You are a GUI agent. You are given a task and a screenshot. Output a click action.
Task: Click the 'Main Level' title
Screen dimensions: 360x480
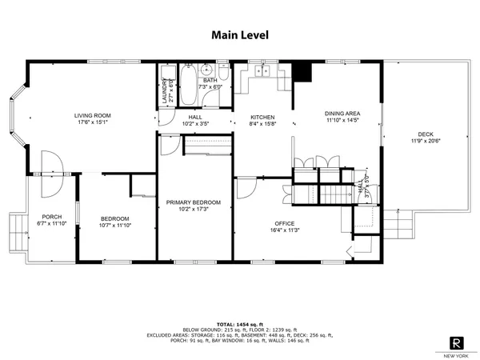pos(240,34)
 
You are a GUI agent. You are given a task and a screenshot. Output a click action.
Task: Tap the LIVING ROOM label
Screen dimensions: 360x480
pos(92,115)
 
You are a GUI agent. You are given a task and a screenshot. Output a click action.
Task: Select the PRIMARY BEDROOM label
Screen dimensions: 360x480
pos(194,202)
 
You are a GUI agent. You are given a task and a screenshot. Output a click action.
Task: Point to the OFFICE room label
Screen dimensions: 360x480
pos(284,223)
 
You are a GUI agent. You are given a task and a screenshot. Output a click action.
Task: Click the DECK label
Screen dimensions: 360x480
pos(426,134)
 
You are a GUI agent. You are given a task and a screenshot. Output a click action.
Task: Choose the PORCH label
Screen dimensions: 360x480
pos(52,217)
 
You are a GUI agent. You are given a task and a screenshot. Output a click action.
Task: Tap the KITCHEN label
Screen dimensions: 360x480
pos(262,117)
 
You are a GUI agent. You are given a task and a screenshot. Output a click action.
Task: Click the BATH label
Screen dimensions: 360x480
pos(210,80)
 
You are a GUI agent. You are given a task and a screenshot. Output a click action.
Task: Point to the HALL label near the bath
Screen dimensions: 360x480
pos(195,117)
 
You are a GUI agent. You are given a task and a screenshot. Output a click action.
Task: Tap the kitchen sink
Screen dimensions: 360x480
pos(262,72)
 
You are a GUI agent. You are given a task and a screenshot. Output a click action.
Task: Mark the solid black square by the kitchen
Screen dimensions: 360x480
pos(302,73)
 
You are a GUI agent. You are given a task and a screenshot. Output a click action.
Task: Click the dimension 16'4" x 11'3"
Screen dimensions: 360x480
pos(284,230)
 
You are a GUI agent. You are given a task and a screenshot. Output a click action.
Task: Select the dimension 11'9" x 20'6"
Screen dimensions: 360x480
pos(426,141)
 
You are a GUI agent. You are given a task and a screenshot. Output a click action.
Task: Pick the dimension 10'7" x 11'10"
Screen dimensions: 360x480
pos(114,226)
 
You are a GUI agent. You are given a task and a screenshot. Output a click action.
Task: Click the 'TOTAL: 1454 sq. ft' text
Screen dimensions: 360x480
pos(240,323)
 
